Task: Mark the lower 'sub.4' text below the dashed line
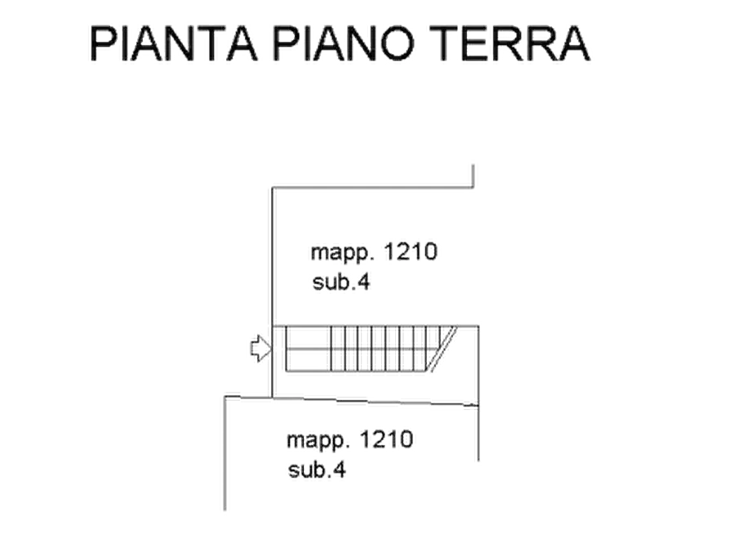coord(319,471)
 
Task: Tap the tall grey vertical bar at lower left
coord(225,453)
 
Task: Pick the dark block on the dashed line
coord(352,402)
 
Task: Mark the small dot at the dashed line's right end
coord(471,403)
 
